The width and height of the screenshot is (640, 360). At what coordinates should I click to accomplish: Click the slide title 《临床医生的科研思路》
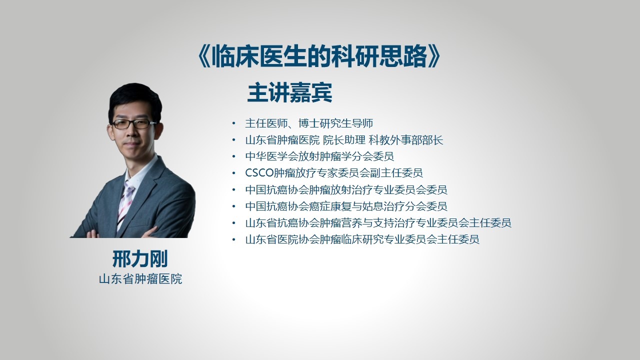319,56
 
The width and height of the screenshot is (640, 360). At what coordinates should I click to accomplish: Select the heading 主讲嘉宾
289,92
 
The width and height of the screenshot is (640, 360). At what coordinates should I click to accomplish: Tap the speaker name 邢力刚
140,259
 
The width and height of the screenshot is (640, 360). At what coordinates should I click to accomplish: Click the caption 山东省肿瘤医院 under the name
140,279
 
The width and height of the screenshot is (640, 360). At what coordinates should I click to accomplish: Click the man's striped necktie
125,203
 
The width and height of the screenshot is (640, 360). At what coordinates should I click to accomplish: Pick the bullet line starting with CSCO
334,173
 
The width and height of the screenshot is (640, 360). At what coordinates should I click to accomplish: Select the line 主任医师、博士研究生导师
309,123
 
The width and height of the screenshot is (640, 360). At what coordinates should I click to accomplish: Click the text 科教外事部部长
406,140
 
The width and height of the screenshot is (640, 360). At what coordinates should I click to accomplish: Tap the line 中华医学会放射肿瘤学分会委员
319,156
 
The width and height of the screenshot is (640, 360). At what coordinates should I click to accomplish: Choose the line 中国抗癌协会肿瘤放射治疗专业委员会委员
346,189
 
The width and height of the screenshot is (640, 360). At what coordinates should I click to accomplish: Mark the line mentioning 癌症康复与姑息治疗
346,206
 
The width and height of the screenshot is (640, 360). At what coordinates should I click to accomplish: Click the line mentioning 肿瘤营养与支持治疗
378,223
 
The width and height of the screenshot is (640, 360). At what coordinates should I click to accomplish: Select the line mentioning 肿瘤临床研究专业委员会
362,239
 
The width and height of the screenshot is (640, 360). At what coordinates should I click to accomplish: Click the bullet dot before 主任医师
234,123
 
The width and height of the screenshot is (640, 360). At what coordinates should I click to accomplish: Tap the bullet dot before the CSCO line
234,173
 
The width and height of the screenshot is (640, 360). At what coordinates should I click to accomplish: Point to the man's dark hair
134,97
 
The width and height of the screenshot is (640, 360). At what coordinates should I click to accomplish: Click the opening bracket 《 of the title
204,56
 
